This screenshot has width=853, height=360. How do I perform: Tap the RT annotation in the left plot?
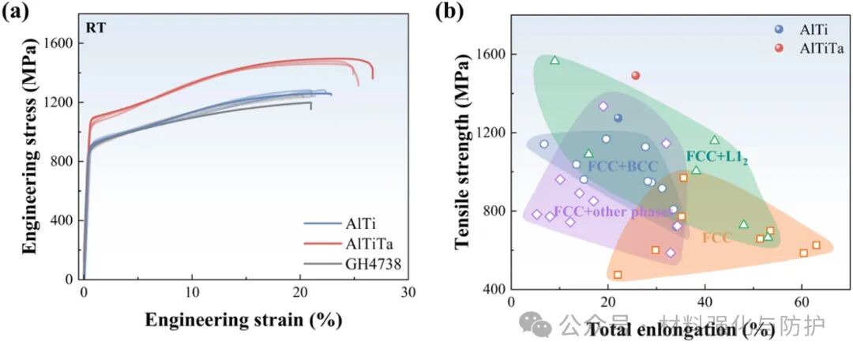coord(96,28)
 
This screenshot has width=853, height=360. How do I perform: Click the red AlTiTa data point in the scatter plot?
coord(635,76)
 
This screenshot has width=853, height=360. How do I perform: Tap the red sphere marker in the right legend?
coord(779,48)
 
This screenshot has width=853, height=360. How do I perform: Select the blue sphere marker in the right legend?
coord(779,29)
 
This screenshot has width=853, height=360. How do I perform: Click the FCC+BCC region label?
coord(622,166)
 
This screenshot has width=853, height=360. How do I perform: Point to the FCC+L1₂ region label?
coord(716,157)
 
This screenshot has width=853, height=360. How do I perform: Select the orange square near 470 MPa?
coord(618,275)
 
